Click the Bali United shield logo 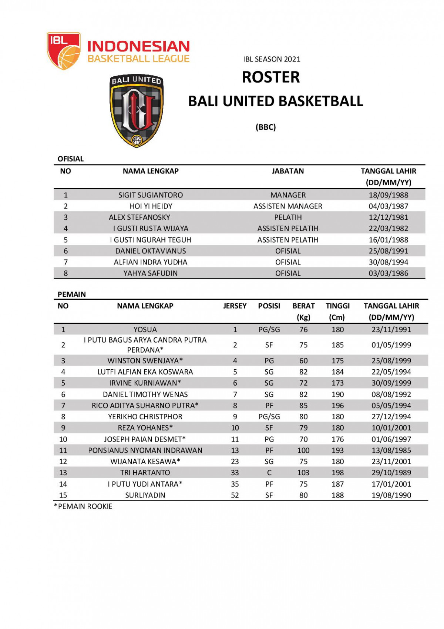coord(137,110)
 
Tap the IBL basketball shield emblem coord(63,51)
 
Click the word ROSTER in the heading coord(271,77)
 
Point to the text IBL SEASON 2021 coord(272,59)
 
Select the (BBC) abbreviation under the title coord(266,127)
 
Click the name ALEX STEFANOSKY coord(139,217)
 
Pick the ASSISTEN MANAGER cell coord(287,206)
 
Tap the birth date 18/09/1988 coord(388,195)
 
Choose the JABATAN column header coord(287,171)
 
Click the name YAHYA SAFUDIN coord(150,273)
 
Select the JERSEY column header coord(235,306)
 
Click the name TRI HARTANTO coord(145,473)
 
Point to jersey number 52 coord(235,495)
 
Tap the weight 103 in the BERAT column coord(303,473)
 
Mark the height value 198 coord(337,473)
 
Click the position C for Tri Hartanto coord(269,473)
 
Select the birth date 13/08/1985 coord(391,450)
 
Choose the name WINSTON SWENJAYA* coord(145,361)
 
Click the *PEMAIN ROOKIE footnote coord(83,506)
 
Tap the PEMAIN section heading coord(71,294)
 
